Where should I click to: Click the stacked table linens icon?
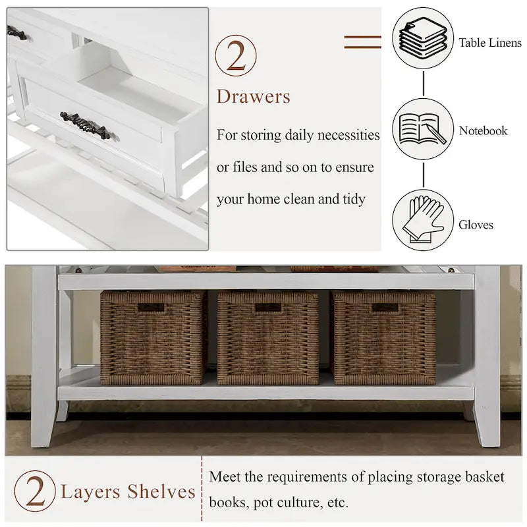point(423,39)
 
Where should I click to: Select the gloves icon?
point(423,219)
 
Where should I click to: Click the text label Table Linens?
point(490,43)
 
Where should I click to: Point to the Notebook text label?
point(484,130)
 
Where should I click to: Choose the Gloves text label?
point(476,225)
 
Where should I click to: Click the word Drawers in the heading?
point(254,96)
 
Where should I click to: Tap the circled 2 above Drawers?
point(236,55)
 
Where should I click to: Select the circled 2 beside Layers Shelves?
point(35,491)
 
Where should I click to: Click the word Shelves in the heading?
point(161,491)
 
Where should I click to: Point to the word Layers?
point(90,492)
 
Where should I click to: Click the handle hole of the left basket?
point(152,308)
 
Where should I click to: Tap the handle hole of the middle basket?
point(268,308)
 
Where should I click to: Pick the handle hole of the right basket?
point(385,308)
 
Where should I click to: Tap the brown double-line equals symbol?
point(363,42)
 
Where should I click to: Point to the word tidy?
point(354,199)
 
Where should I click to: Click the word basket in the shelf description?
point(484,476)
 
